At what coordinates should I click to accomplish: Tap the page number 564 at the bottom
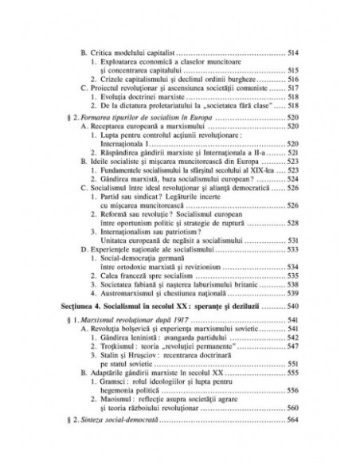[292, 444]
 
